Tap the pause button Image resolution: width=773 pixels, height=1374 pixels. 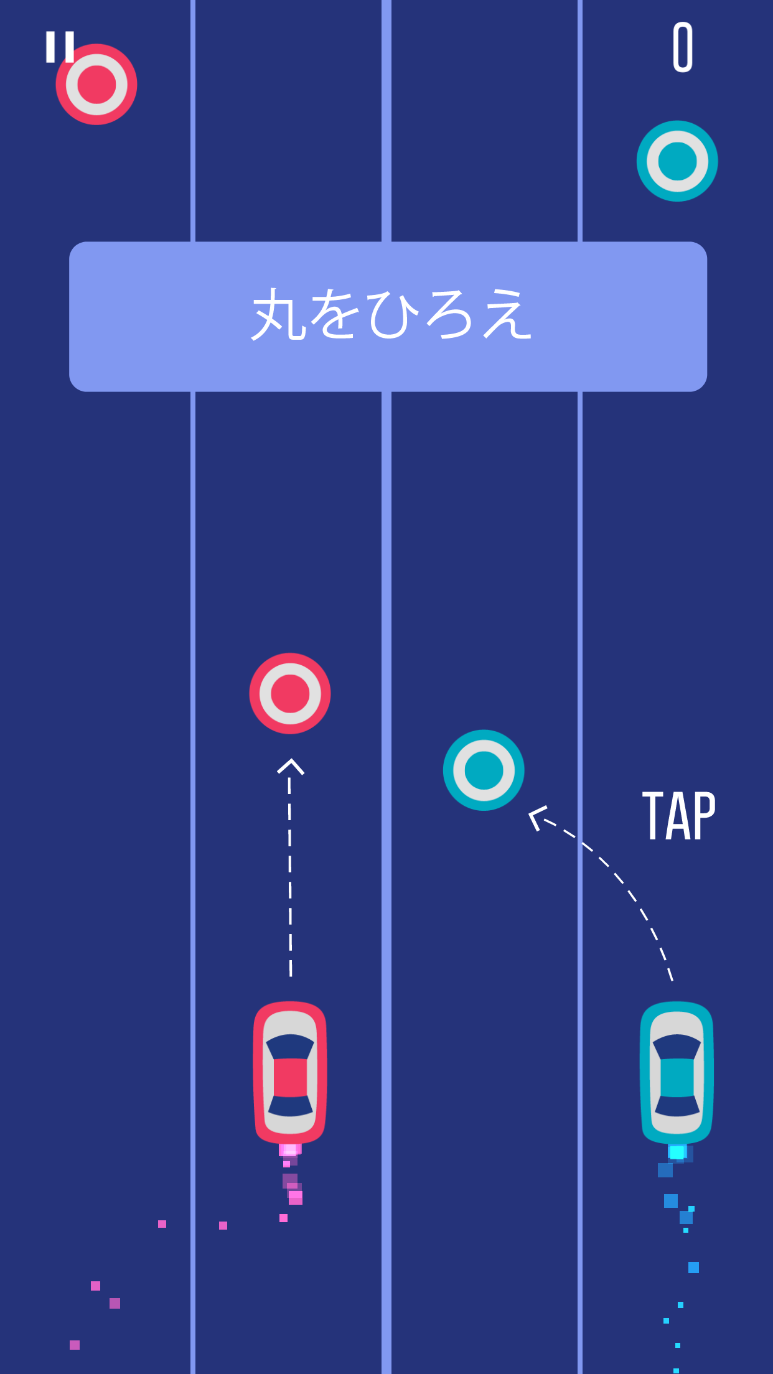(60, 47)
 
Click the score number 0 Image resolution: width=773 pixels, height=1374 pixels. (683, 47)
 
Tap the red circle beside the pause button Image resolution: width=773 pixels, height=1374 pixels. (96, 85)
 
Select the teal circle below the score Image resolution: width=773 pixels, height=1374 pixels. (677, 161)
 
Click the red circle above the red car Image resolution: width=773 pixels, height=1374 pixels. (290, 693)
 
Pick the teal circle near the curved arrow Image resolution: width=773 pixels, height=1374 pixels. (484, 770)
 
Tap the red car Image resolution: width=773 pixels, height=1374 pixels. (290, 1072)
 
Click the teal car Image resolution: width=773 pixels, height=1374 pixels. (677, 1072)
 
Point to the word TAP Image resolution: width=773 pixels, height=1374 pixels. (679, 815)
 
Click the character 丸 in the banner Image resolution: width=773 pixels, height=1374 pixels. (279, 314)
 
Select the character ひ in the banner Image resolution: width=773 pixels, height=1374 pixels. (393, 315)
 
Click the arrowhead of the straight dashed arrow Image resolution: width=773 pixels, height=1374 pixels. (291, 767)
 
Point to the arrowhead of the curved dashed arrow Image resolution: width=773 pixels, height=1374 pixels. (537, 818)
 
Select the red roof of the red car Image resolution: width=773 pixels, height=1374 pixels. (290, 1077)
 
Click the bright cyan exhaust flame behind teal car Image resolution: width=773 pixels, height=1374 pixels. (677, 1152)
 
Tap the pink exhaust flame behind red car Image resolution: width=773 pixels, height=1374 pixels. (290, 1150)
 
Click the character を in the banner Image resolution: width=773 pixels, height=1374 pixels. (336, 314)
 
